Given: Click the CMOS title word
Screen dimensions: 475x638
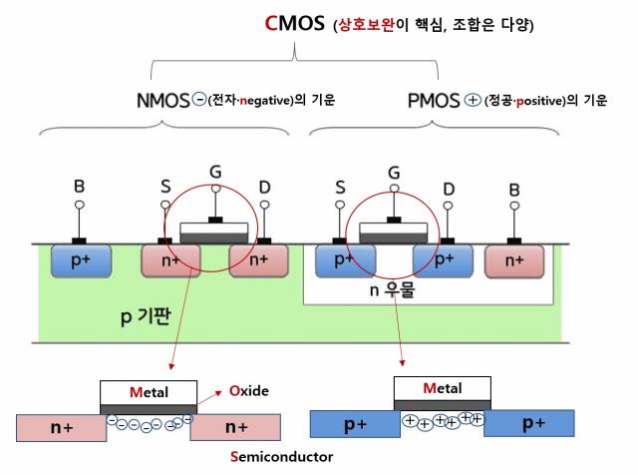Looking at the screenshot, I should [x=295, y=24].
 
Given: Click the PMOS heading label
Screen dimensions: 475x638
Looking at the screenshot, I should [x=434, y=100].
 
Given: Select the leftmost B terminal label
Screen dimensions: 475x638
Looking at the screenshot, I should [x=80, y=185].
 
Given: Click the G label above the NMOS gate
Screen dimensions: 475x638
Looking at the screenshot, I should [x=214, y=172].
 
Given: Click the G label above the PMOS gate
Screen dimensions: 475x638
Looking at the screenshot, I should [x=394, y=172].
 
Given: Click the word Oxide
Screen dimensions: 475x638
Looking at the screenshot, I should [x=248, y=390].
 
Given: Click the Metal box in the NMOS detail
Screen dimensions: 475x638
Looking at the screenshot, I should [x=148, y=391].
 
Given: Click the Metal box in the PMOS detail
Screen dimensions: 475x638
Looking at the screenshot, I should [x=443, y=388].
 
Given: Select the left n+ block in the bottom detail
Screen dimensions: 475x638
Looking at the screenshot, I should [x=61, y=427].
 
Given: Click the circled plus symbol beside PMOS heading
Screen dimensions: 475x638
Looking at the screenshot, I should [x=473, y=100].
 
